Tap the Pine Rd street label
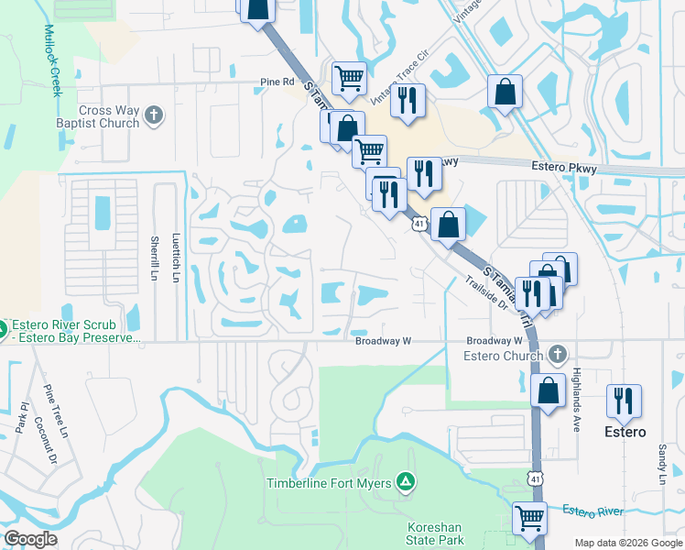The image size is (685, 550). pos(277,82)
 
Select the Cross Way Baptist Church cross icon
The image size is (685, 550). pos(154,115)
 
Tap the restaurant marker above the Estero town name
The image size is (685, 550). pos(624,401)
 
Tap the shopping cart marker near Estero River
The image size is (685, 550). pos(529,519)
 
